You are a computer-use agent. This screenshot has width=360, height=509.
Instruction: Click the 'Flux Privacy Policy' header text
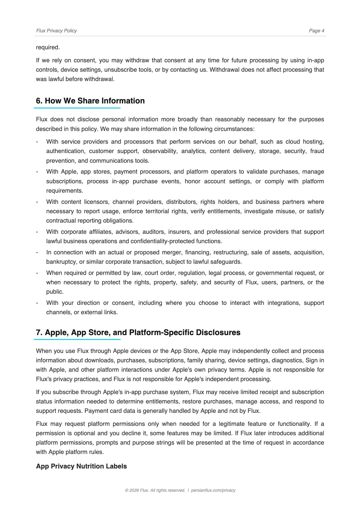click(56, 31)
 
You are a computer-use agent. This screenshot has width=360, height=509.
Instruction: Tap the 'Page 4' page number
click(316, 31)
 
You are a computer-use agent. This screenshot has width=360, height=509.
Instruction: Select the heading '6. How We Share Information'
click(90, 101)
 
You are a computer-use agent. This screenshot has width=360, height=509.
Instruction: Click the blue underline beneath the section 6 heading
click(77, 108)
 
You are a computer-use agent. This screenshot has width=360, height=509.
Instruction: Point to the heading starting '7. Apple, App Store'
click(138, 332)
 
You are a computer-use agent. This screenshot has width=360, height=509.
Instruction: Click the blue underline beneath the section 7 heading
click(77, 340)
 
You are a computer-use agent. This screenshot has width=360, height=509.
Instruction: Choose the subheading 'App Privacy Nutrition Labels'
click(81, 466)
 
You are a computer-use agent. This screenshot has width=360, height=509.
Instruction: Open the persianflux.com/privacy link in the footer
click(213, 490)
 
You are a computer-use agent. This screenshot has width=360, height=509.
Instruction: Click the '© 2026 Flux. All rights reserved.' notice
click(155, 490)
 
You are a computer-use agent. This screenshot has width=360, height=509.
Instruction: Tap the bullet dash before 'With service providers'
click(37, 142)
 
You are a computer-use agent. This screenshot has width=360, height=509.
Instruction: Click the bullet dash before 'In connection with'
click(37, 253)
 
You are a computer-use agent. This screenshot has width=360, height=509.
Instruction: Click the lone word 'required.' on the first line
click(48, 47)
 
